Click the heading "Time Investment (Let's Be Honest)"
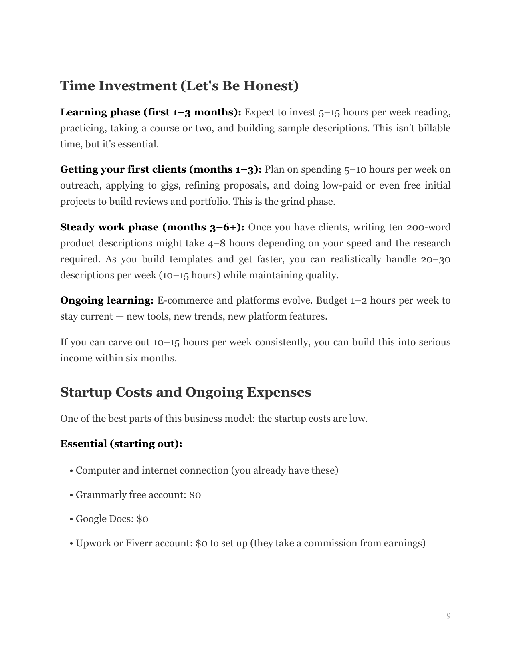(179, 86)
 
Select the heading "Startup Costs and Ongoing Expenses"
(185, 392)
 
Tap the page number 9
(448, 616)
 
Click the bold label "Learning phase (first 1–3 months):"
(150, 112)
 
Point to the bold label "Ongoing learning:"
(107, 300)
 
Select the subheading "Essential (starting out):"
(121, 444)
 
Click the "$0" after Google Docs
(142, 519)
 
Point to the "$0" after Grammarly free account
(195, 495)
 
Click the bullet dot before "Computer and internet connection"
(71, 471)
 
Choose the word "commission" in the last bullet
(334, 543)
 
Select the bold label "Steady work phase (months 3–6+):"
(152, 227)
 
